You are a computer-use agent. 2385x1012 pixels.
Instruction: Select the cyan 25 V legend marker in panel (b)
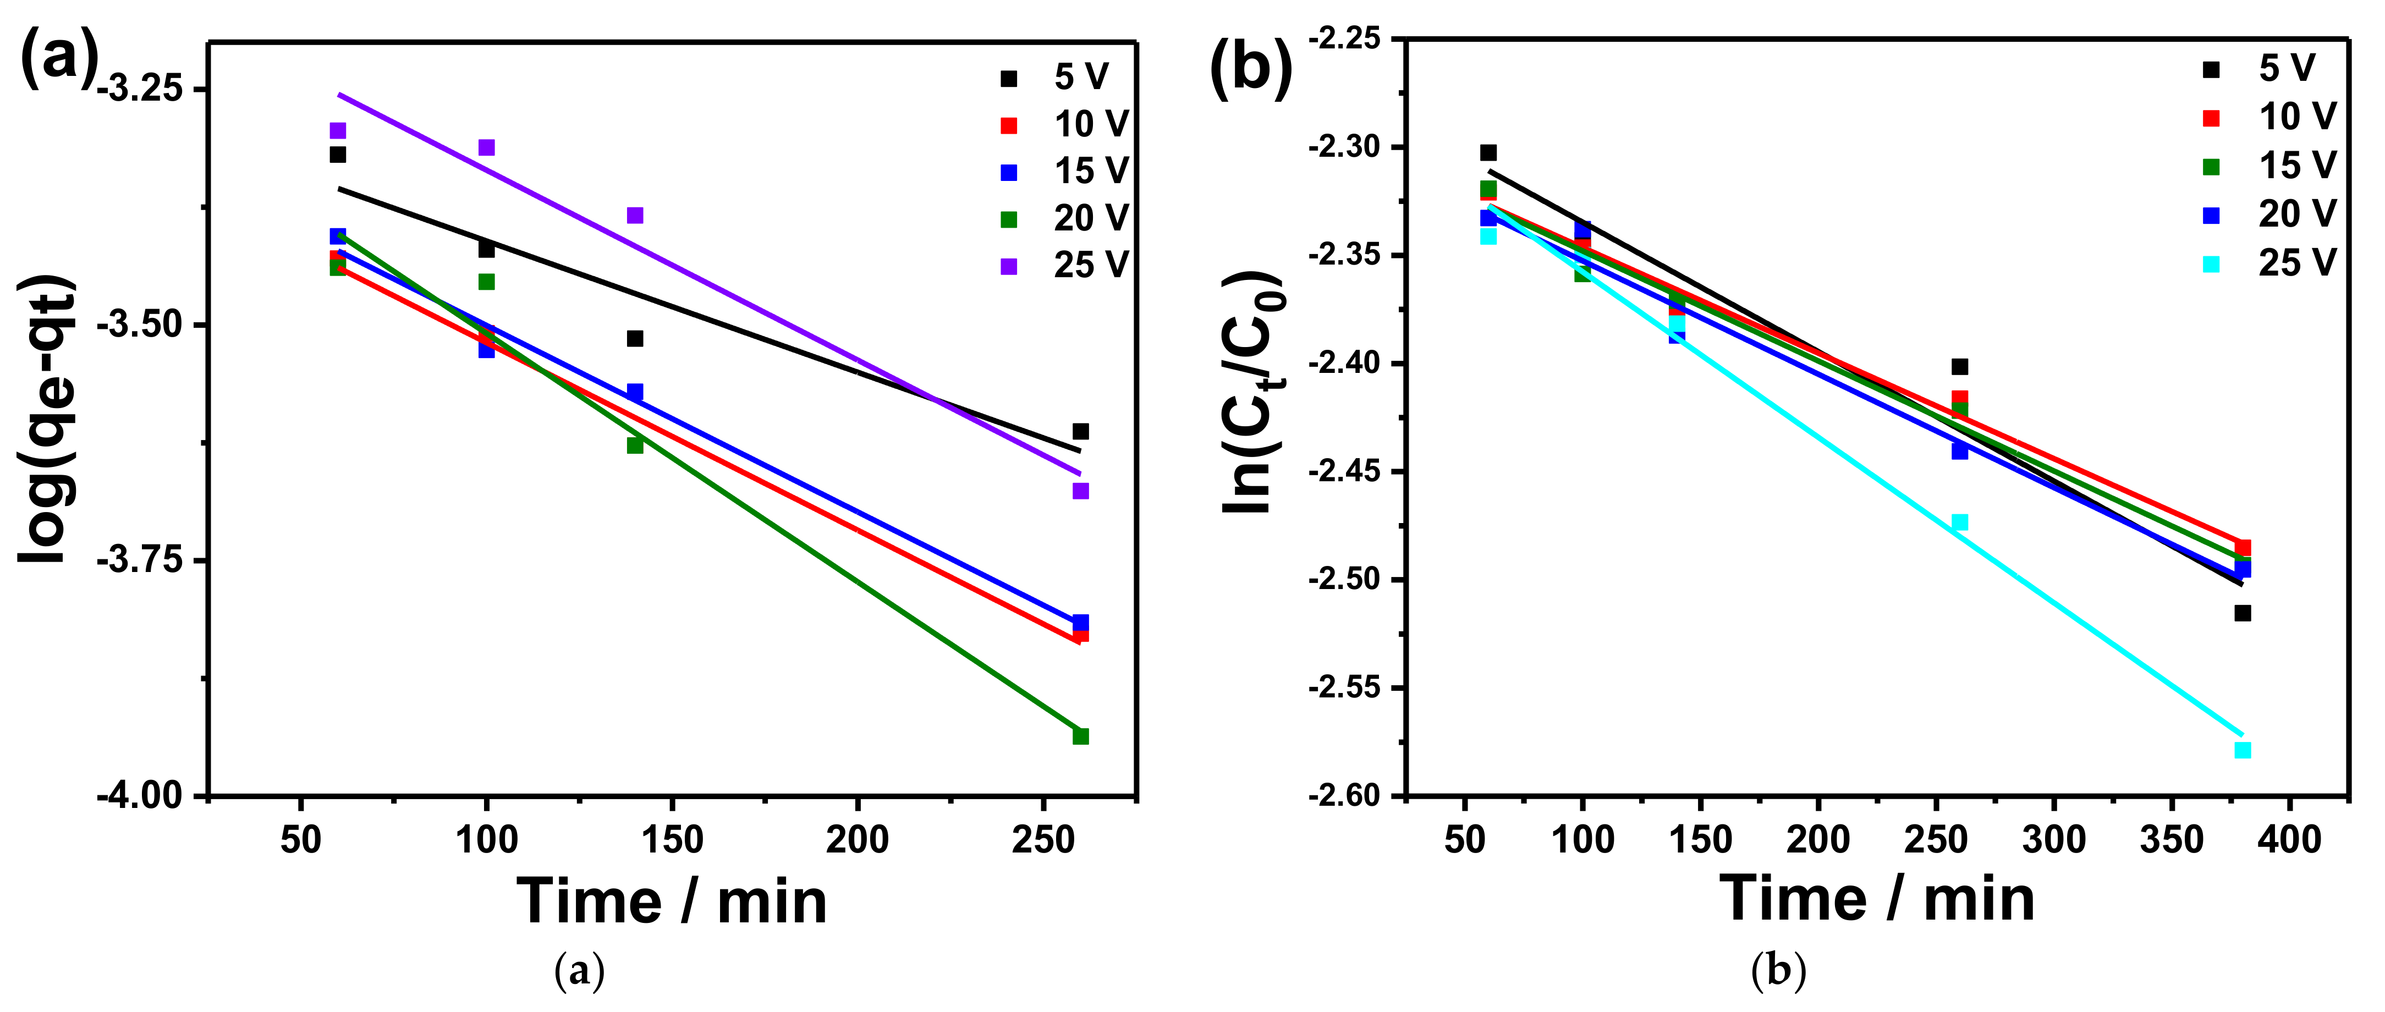(2211, 264)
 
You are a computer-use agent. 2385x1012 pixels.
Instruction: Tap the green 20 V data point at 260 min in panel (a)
(1080, 736)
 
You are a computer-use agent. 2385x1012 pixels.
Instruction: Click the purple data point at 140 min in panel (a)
(634, 216)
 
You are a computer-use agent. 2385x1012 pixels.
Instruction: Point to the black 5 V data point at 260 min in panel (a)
(1080, 431)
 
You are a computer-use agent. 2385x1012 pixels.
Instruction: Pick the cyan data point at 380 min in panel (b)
(2243, 750)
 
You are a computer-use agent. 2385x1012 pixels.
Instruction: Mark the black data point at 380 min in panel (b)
(2243, 613)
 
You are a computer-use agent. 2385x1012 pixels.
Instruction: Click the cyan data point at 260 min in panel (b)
(1959, 522)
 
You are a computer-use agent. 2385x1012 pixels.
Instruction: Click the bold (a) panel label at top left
(57, 57)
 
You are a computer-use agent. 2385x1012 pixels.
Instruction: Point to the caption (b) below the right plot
(1778, 971)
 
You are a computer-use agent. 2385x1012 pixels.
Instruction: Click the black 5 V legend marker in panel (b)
(2211, 69)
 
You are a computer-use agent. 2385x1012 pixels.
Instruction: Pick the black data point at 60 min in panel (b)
(1488, 153)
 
